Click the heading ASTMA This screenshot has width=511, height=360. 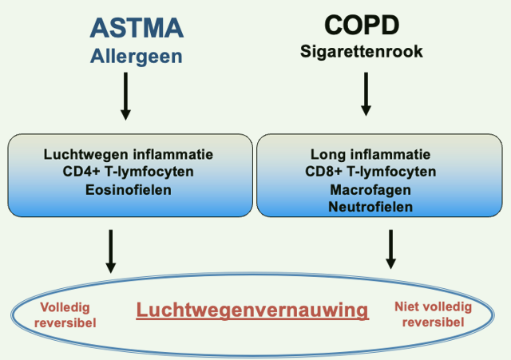point(137,28)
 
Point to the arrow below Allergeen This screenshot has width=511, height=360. point(125,96)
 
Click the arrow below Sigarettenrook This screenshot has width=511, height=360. point(366,93)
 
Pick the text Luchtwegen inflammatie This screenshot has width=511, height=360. point(129,153)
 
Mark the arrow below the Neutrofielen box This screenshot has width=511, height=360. point(390,249)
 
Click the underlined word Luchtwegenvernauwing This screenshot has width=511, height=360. point(252,310)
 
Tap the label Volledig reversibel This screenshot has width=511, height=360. point(67,315)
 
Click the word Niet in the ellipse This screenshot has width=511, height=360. point(409,307)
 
